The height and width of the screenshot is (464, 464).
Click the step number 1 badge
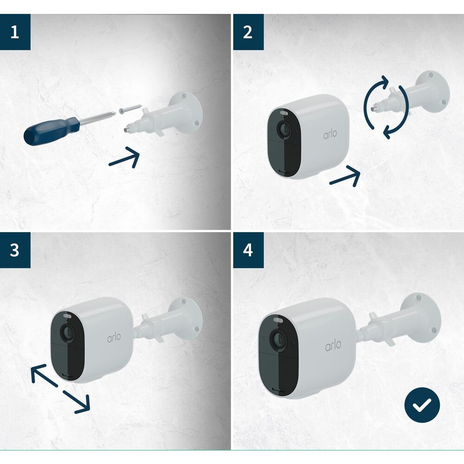point(15,32)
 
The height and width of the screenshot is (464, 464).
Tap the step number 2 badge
point(248,32)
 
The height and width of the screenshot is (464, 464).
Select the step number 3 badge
point(15,250)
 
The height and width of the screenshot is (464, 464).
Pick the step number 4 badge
point(248,250)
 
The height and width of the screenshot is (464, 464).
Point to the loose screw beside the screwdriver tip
point(130,109)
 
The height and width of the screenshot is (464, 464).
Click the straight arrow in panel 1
point(124,157)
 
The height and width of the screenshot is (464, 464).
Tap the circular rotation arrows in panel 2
point(386,107)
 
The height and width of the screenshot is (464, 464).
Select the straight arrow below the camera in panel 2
point(345,176)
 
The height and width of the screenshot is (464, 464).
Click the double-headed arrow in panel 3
point(60,388)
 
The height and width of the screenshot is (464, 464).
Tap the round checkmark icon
point(422,405)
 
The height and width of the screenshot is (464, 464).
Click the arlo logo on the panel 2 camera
point(330,134)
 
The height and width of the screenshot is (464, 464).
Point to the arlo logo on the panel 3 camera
point(114,337)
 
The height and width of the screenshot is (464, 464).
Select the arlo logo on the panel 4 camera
point(333,345)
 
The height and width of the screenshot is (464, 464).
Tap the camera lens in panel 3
point(68,333)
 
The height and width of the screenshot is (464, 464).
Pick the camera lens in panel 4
point(279,339)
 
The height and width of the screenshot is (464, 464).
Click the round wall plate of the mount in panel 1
point(186,113)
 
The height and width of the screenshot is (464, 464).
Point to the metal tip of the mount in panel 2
point(376,105)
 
